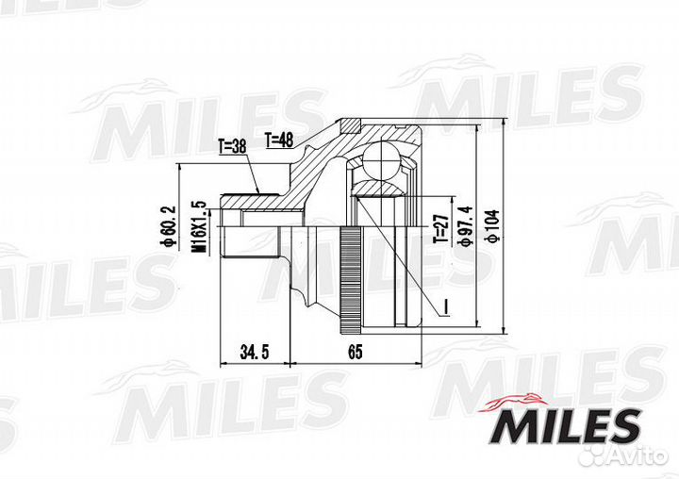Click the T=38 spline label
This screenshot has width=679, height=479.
pyautogui.click(x=232, y=146)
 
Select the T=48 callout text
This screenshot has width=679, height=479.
pyautogui.click(x=280, y=140)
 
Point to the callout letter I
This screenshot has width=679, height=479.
pyautogui.click(x=443, y=305)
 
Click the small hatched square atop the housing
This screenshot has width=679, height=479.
pyautogui.click(x=350, y=124)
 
